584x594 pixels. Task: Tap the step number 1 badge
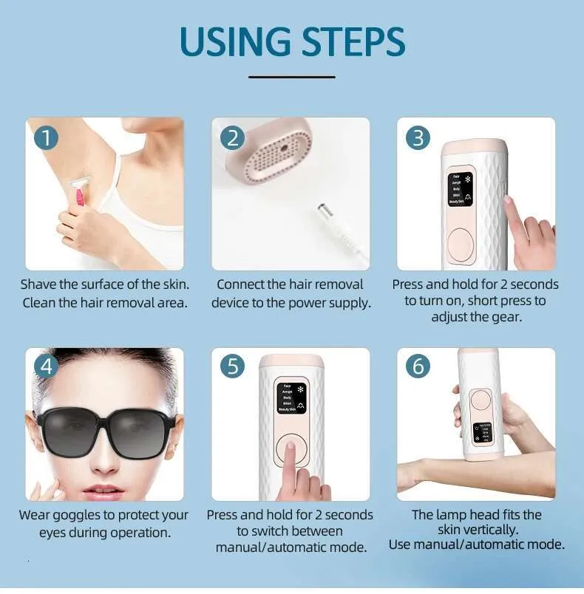tap(46, 137)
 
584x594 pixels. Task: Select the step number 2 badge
tap(232, 137)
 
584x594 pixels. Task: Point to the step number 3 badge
tap(418, 137)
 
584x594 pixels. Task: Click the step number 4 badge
tap(46, 366)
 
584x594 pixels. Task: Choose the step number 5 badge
tap(232, 366)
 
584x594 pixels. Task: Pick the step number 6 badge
tap(418, 366)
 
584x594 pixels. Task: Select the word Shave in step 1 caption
tap(38, 284)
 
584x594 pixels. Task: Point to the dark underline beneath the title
tap(291, 76)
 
